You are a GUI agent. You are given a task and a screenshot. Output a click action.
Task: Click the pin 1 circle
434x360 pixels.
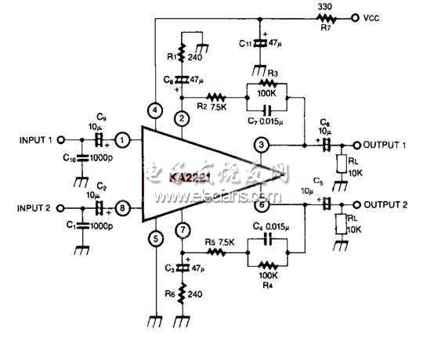pyautogui.click(x=123, y=141)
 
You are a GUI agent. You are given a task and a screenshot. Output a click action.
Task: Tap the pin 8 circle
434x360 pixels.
pyautogui.click(x=123, y=209)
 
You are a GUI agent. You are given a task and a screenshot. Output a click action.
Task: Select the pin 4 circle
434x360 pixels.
pyautogui.click(x=155, y=110)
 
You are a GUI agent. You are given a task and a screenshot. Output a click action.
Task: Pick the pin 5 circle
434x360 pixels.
pyautogui.click(x=155, y=239)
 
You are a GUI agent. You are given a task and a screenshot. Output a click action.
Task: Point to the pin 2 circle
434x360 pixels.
pyautogui.click(x=182, y=119)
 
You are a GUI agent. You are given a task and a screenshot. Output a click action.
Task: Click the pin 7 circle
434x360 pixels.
pyautogui.click(x=182, y=230)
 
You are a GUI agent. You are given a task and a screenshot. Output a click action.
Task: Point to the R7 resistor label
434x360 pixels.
pyautogui.click(x=302, y=26)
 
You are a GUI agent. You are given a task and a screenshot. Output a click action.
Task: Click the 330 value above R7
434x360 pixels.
pyautogui.click(x=302, y=7)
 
